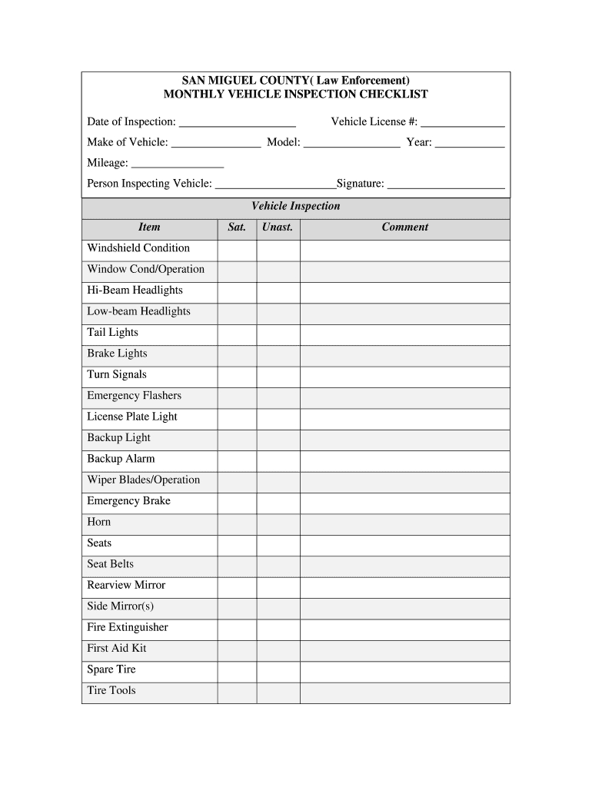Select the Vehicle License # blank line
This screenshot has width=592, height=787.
click(x=462, y=123)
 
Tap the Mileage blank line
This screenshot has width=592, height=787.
click(x=178, y=164)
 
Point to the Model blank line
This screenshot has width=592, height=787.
click(x=352, y=144)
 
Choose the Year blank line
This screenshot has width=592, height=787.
click(x=470, y=144)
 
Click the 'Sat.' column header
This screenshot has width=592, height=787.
click(x=237, y=227)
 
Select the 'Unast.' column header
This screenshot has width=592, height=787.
click(x=278, y=227)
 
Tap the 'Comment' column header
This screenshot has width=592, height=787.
click(x=404, y=227)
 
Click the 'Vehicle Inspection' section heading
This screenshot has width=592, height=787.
click(x=295, y=207)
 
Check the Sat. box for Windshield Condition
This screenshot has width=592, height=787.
click(x=237, y=249)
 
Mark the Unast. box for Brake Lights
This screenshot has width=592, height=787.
click(x=278, y=354)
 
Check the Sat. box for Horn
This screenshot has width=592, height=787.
click(x=237, y=523)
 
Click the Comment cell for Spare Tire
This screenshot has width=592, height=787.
click(x=404, y=670)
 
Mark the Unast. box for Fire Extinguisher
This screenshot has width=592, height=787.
click(x=278, y=628)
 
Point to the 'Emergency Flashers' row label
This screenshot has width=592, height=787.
click(x=135, y=396)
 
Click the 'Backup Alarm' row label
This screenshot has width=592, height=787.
click(x=121, y=459)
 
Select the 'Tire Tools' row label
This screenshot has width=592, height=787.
click(x=111, y=691)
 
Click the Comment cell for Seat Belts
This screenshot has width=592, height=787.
click(x=404, y=565)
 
